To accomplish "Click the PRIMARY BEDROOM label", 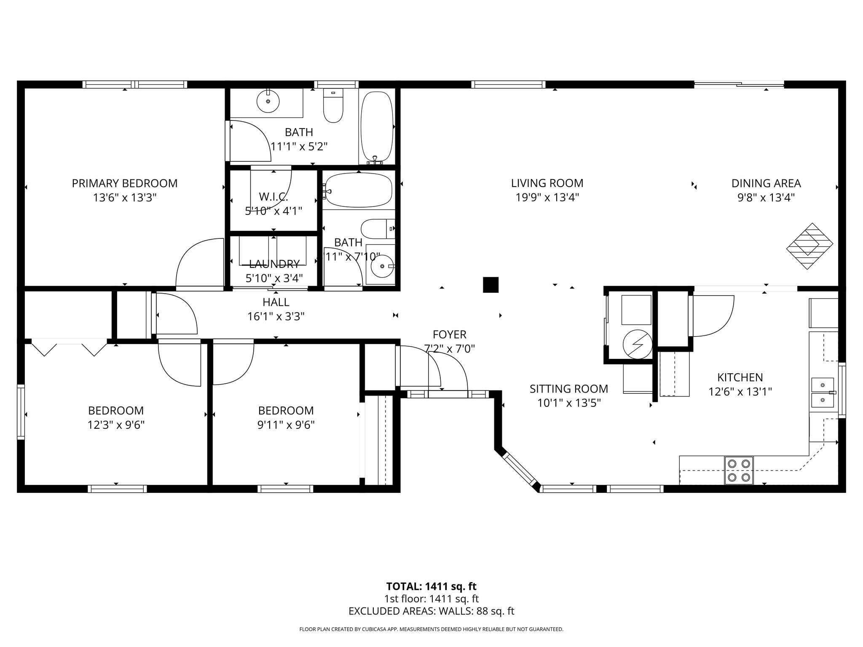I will [124, 183].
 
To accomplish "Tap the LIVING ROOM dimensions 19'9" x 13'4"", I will [547, 197].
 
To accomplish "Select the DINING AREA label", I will [766, 183].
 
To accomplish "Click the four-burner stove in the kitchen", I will [739, 470].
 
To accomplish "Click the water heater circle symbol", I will [637, 344].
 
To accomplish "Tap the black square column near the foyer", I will [490, 285].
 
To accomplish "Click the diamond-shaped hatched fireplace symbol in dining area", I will [809, 246].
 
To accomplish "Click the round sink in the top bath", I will [268, 101].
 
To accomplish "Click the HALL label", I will [276, 302].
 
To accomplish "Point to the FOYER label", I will [449, 334].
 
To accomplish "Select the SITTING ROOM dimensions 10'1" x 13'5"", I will [568, 403].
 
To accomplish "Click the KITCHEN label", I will [740, 377].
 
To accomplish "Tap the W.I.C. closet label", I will [273, 197].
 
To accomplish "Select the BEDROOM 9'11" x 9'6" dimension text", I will [286, 425].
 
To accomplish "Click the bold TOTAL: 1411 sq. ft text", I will [431, 586].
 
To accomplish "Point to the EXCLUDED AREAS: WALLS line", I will [431, 611].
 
